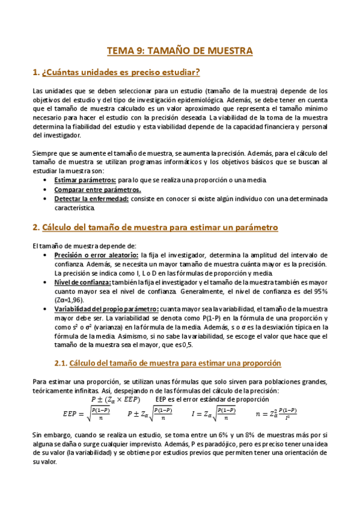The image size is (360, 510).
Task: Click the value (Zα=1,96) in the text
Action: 69,300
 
